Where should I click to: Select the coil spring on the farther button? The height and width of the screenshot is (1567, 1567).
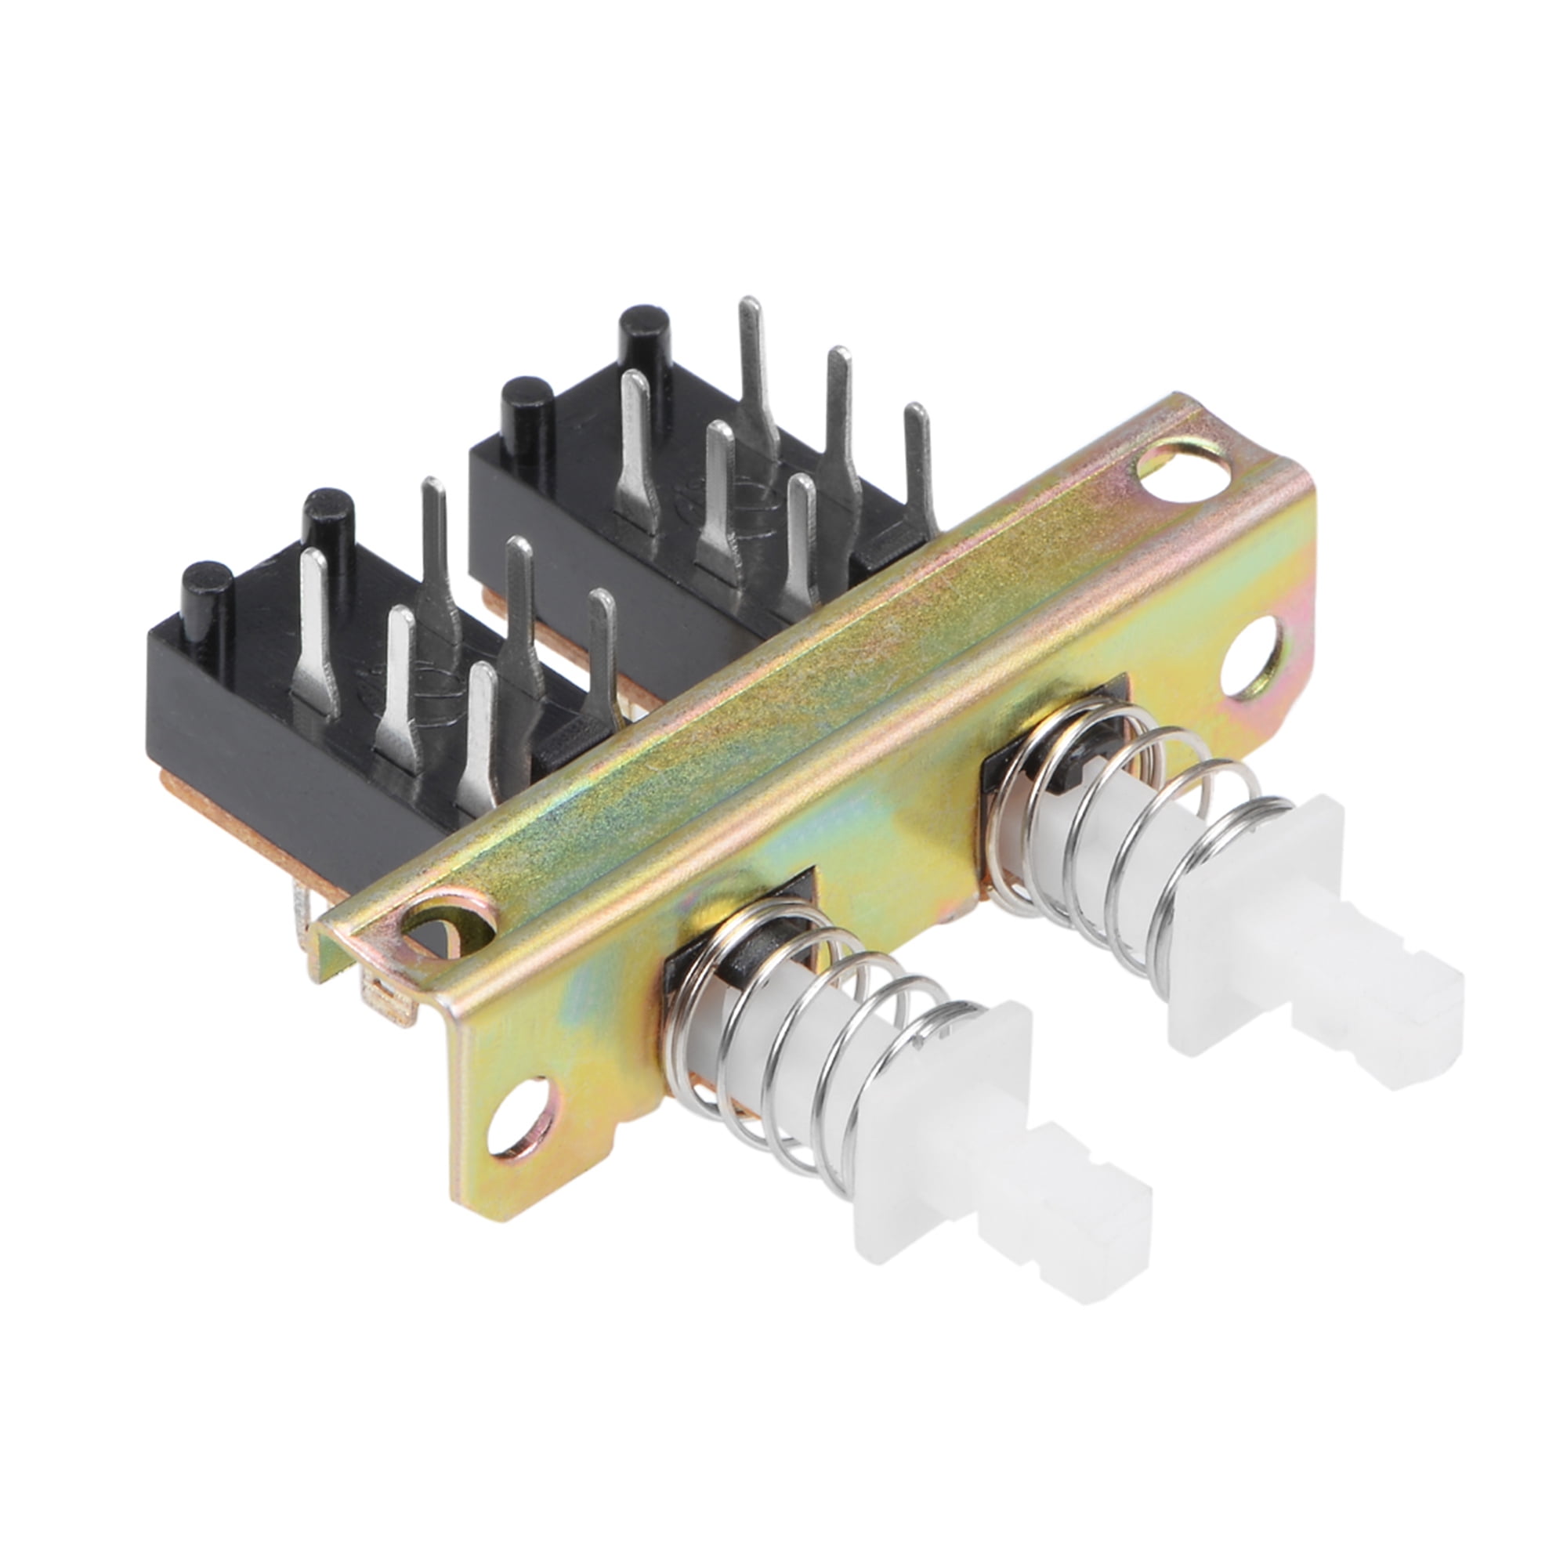pos(1135,844)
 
